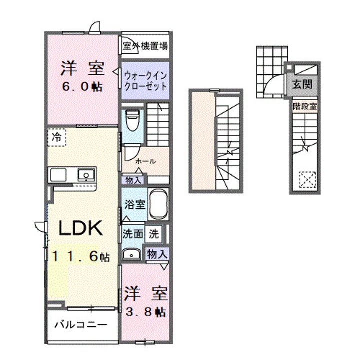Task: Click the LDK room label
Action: (80, 228)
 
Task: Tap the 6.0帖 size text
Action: (82, 87)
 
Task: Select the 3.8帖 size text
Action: (146, 312)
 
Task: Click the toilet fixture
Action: (133, 120)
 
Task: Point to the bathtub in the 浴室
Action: (158, 204)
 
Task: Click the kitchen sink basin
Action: (86, 175)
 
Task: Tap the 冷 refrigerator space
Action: (57, 137)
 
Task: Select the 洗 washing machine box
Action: (154, 234)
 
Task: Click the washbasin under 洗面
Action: (131, 254)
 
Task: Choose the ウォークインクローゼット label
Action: (145, 81)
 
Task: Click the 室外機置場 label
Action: (145, 46)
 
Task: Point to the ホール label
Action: (145, 161)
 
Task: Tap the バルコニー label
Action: (81, 325)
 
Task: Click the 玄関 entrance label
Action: (302, 85)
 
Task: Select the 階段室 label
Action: (305, 106)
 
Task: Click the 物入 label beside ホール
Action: (133, 180)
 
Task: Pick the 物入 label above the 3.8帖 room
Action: (157, 254)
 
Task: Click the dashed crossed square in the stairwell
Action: (307, 180)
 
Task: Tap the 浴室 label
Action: (135, 204)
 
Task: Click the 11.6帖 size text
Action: (81, 256)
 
